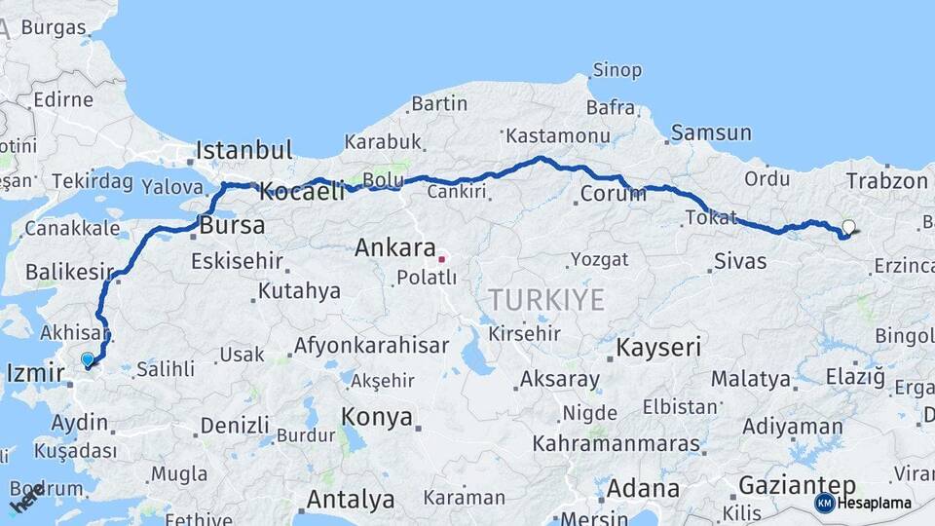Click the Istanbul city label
click(243, 151)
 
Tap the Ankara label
click(393, 248)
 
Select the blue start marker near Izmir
click(88, 359)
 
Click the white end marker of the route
click(848, 227)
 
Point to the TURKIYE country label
click(546, 300)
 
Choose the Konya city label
click(376, 418)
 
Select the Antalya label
click(351, 501)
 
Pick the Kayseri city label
click(658, 347)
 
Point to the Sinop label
click(617, 70)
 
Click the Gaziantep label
click(797, 485)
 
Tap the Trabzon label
click(886, 181)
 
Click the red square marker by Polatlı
click(441, 259)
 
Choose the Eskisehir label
click(237, 261)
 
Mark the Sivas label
click(740, 261)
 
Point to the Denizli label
click(235, 426)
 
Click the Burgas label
click(54, 27)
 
